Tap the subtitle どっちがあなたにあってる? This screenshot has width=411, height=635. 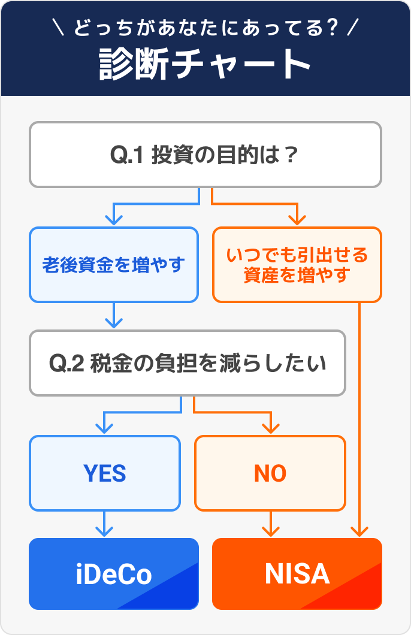point(205,28)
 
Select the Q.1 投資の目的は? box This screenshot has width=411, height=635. point(205,155)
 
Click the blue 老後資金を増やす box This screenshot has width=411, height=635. point(113,264)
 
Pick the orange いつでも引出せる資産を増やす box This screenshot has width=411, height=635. point(297,264)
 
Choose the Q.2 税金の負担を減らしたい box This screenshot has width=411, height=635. point(187,363)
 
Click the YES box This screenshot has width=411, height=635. point(105,473)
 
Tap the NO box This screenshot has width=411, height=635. point(270,473)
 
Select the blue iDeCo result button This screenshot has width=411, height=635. point(113,574)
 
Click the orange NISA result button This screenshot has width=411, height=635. point(297,574)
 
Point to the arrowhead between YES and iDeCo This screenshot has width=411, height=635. point(105,531)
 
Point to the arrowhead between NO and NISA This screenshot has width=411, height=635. point(271,531)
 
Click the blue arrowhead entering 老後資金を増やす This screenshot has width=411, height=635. point(114,219)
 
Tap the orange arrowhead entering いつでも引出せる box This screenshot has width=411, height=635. point(296,219)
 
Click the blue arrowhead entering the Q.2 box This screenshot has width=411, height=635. point(114,322)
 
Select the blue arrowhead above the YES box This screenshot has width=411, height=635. point(105,428)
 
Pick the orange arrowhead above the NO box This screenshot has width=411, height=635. point(271,428)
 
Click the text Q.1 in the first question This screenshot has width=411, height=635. point(126,155)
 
